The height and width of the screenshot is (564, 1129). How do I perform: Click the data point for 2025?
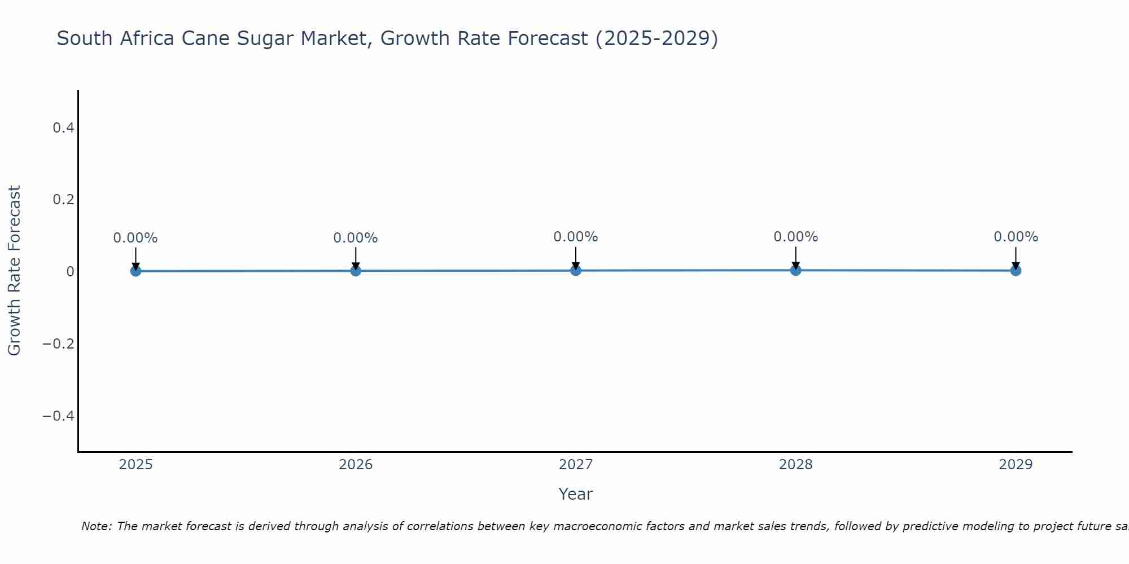[x=135, y=271]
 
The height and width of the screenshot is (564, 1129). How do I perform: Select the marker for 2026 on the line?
[x=356, y=271]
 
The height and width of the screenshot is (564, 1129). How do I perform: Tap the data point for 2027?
[x=575, y=270]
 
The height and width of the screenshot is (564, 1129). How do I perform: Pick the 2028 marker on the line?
[x=795, y=270]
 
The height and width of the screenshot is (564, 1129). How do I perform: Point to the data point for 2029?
[x=1016, y=270]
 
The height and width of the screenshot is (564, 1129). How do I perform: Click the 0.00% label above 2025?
[x=135, y=238]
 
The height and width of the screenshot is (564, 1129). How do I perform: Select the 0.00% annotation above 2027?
[x=575, y=237]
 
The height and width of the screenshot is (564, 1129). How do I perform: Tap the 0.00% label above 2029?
[x=1016, y=237]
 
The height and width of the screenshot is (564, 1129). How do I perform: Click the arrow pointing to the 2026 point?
[x=356, y=258]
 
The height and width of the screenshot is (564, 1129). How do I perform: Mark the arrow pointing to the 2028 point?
[x=795, y=257]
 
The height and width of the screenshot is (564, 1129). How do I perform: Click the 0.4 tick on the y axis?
[x=63, y=128]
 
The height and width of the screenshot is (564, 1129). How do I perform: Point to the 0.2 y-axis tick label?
[x=63, y=200]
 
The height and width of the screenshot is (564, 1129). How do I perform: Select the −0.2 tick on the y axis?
[x=59, y=344]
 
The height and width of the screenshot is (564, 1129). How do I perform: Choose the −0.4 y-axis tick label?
[x=59, y=416]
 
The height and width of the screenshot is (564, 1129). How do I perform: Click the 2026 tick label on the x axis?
[x=356, y=465]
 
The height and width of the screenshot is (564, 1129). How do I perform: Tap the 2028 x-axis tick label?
[x=795, y=465]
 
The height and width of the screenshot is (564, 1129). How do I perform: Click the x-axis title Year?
[x=575, y=494]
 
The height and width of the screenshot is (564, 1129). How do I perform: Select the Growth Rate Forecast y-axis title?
[x=14, y=271]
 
